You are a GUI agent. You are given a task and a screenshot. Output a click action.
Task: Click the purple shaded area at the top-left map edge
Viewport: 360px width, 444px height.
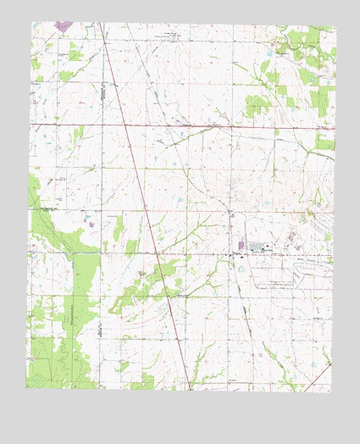click(x=62, y=26)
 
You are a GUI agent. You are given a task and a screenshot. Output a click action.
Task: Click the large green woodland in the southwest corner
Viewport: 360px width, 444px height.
click(x=51, y=356)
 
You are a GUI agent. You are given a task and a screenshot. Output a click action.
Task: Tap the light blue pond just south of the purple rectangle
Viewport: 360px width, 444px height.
click(x=242, y=269)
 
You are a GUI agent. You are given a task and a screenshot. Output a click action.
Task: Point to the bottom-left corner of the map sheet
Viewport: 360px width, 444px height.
click(x=25, y=387)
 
